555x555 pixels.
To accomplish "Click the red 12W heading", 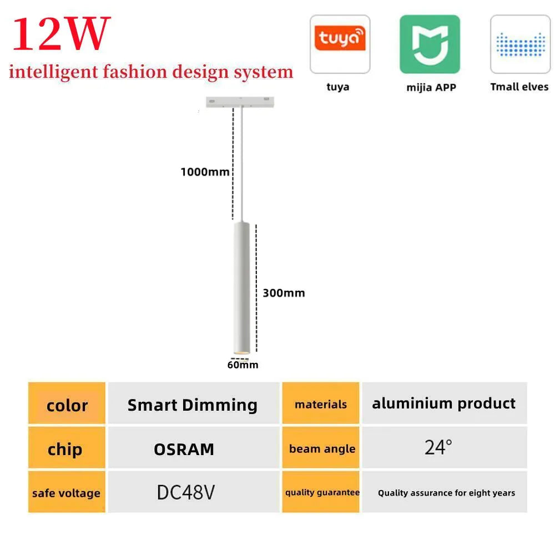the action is tap(61, 34).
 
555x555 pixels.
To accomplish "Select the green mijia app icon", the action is tap(430, 44).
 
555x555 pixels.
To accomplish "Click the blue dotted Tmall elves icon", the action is tap(521, 44).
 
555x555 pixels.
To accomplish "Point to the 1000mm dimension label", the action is tap(205, 172).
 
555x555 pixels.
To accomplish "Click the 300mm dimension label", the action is tap(284, 293).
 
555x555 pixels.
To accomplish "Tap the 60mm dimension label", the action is tap(243, 365).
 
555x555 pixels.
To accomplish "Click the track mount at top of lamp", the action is tap(240, 102).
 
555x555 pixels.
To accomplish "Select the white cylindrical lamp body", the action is tap(241, 287).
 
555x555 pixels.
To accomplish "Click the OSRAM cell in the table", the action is tap(194, 447).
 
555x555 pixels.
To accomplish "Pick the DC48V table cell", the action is tap(194, 492).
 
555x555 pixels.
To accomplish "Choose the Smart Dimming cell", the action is tap(194, 403).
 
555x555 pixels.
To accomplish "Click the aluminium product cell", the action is tap(445, 403).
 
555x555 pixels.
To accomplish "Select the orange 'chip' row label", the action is tap(67, 447).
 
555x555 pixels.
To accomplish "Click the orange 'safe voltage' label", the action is tap(67, 492).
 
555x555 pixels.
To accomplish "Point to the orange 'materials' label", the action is tap(321, 403).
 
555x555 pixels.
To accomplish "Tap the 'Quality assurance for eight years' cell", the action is tap(445, 492).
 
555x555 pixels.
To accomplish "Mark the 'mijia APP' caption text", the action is tap(431, 88).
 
